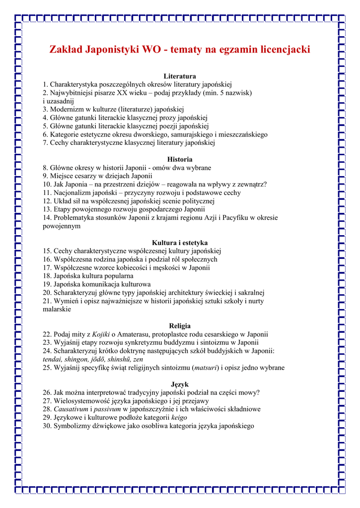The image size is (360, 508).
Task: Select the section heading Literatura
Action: (180, 76)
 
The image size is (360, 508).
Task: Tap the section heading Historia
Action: (180, 159)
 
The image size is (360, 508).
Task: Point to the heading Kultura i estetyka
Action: (180, 243)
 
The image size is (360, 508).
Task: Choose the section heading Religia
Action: (180, 326)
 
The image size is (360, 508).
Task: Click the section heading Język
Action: (180, 384)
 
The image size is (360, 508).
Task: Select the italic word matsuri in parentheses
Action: (205, 368)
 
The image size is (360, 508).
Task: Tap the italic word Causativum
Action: (70, 409)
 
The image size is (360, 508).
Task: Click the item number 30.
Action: (47, 426)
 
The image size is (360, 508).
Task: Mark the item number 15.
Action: (47, 251)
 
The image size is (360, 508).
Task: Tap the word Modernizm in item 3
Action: (67, 109)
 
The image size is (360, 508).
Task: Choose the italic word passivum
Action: (108, 409)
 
